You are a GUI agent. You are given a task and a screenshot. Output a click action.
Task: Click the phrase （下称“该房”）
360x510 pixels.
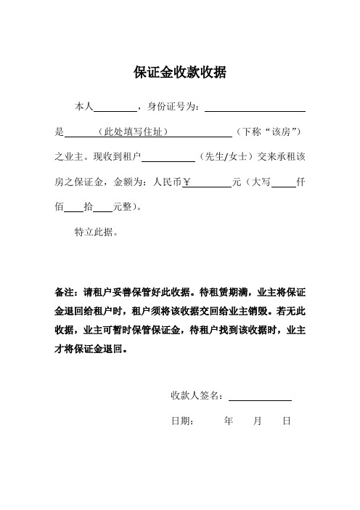269,132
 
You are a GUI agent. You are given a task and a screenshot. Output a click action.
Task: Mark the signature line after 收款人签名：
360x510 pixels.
260,397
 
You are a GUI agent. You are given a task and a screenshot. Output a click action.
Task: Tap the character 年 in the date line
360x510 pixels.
229,421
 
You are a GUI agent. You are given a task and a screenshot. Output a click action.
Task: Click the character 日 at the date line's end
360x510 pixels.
287,421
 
